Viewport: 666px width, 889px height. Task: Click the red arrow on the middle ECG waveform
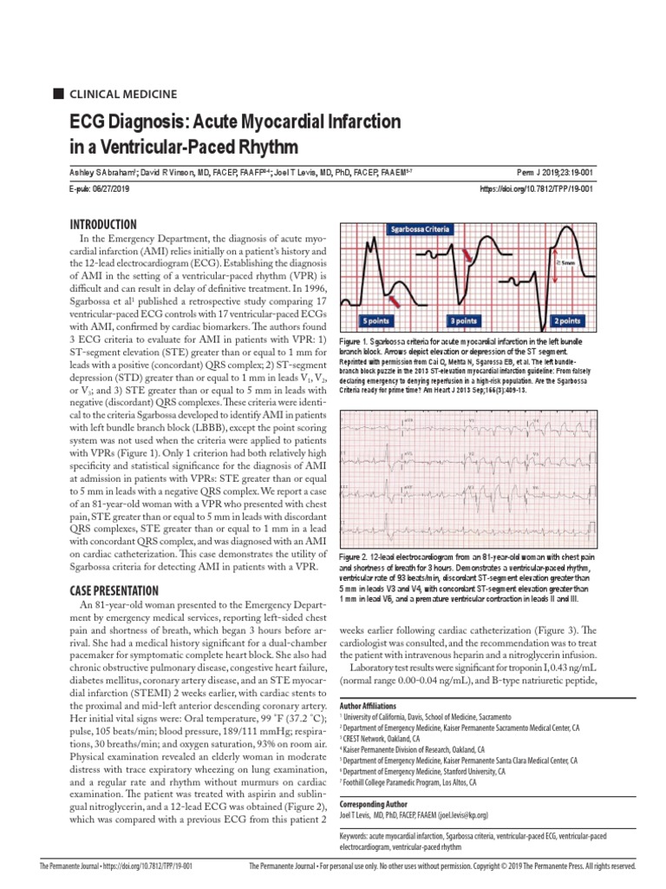[467, 254]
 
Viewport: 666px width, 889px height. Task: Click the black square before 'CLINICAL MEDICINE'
[59, 94]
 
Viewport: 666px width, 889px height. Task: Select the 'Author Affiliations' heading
[369, 707]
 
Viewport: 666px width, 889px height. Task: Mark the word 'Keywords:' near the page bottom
[360, 836]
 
